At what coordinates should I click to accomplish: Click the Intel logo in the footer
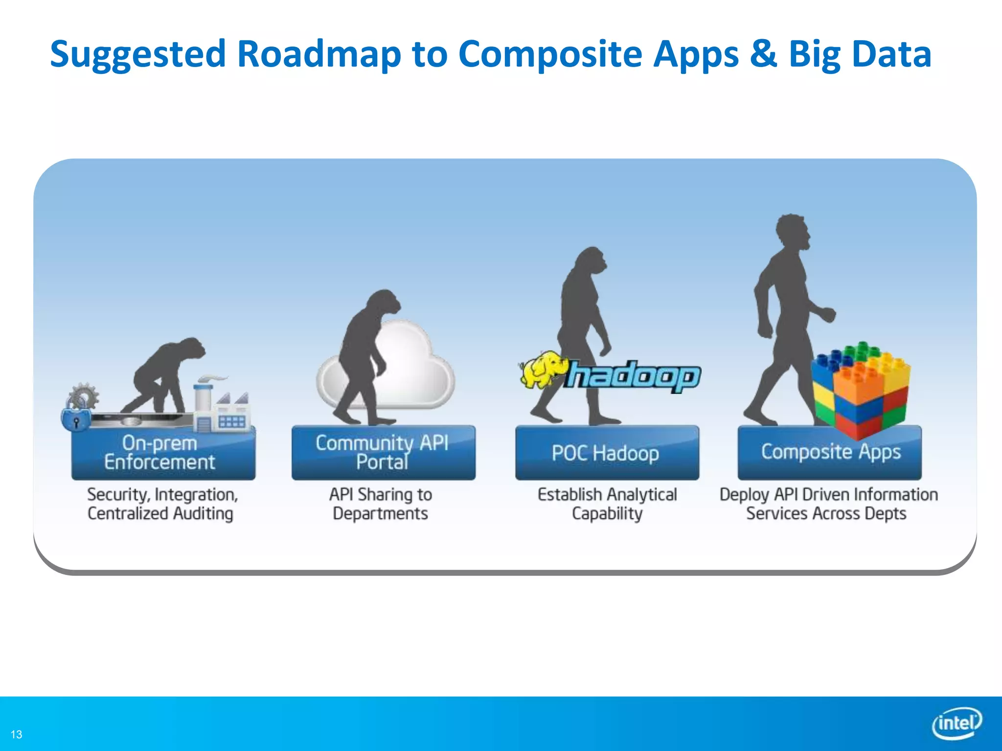pyautogui.click(x=956, y=723)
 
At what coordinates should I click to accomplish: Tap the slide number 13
pyautogui.click(x=16, y=734)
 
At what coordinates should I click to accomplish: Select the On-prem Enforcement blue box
pyautogui.click(x=163, y=453)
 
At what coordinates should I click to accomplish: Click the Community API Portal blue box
pyautogui.click(x=383, y=453)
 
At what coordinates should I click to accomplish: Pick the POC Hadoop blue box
pyautogui.click(x=607, y=453)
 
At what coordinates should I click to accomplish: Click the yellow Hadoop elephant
pyautogui.click(x=542, y=370)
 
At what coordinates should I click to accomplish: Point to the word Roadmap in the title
pyautogui.click(x=319, y=54)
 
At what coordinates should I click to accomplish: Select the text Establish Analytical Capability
pyautogui.click(x=607, y=504)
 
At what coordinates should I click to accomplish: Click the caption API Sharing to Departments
pyautogui.click(x=381, y=504)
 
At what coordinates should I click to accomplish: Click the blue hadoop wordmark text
pyautogui.click(x=634, y=376)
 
